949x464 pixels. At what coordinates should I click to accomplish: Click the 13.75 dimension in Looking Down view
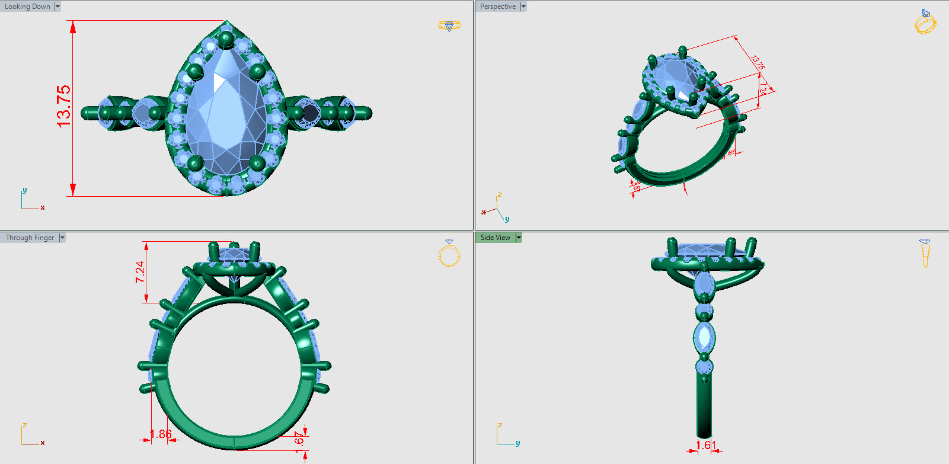(63, 106)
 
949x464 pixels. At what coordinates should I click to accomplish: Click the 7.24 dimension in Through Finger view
(140, 271)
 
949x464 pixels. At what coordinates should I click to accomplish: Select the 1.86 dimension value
(160, 434)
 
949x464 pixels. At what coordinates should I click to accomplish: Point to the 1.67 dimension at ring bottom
(299, 441)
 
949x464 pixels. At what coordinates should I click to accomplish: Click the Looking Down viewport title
(27, 7)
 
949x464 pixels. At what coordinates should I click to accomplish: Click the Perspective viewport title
(497, 7)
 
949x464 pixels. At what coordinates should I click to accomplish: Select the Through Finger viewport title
(30, 238)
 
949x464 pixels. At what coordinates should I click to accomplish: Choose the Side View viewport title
(495, 238)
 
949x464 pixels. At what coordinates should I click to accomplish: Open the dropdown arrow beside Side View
(519, 238)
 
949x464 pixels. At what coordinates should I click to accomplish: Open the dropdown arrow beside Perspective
(523, 7)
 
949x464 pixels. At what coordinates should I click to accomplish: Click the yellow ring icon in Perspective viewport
(925, 22)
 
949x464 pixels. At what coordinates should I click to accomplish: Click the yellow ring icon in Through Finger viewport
(449, 253)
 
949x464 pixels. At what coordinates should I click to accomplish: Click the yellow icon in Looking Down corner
(449, 25)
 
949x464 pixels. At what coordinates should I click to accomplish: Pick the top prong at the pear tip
(226, 39)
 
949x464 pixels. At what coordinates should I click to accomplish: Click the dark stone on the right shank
(311, 111)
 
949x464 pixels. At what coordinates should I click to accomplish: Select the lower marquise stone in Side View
(704, 337)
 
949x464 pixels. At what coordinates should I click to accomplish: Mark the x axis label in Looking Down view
(43, 207)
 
